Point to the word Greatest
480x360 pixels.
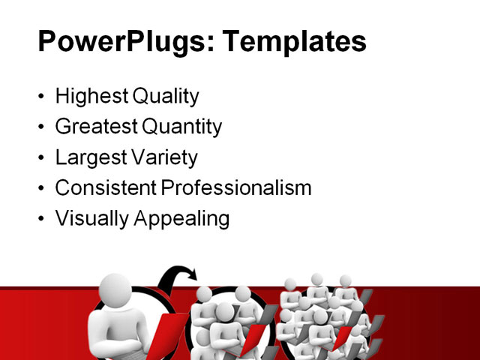pyautogui.click(x=97, y=127)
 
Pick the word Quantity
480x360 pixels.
pyautogui.click(x=183, y=127)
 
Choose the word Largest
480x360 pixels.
pyautogui.click(x=89, y=158)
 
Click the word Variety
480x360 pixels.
pyautogui.click(x=163, y=158)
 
